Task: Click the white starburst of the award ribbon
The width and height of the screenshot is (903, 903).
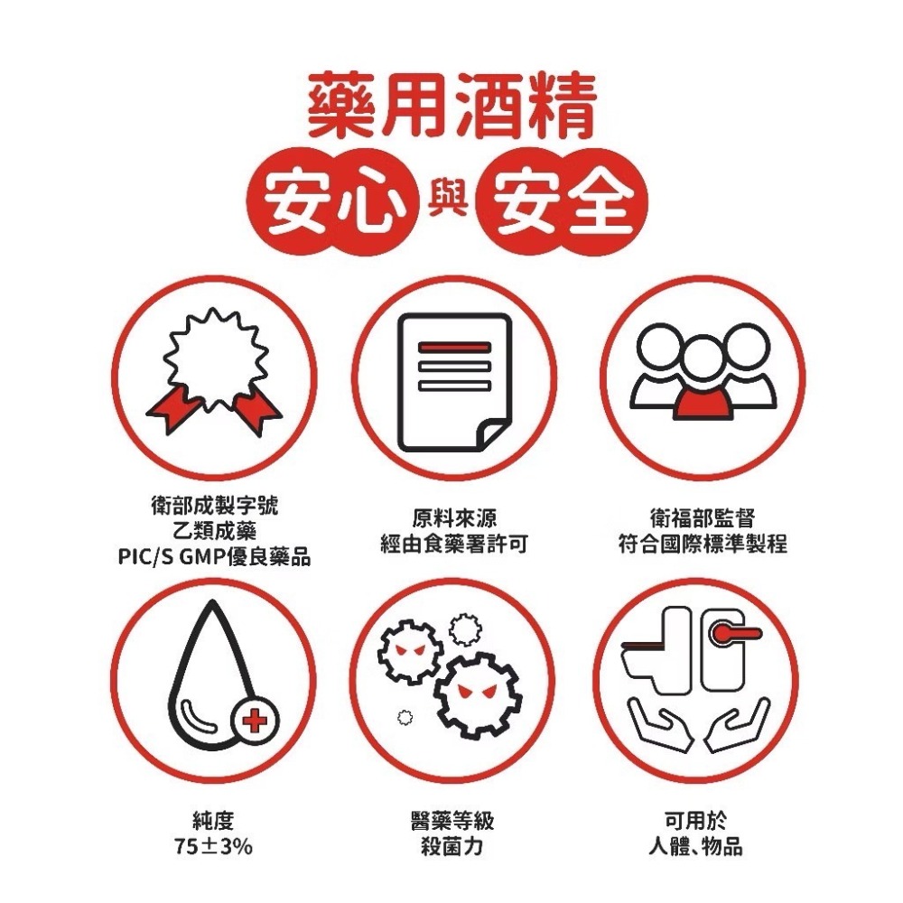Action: pos(215,356)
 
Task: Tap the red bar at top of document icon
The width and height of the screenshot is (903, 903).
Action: pos(453,348)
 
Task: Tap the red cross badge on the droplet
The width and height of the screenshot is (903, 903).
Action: pos(256,720)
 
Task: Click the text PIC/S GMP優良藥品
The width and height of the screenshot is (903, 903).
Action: pos(214,557)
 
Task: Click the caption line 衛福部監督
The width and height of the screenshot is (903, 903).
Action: pos(702,519)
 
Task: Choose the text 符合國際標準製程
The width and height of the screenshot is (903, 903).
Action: pos(702,545)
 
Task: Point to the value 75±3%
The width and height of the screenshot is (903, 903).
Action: pos(214,847)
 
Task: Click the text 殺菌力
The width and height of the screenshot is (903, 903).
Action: pos(452,847)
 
